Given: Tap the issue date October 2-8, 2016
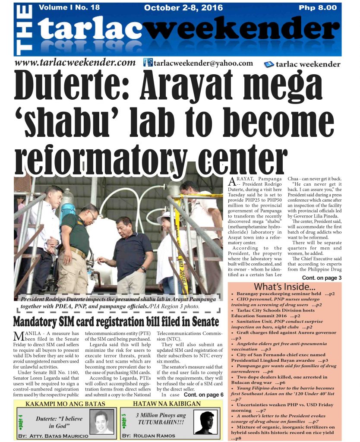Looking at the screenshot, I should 183,8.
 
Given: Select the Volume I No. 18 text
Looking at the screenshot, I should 69,7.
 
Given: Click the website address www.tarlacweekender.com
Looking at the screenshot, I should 76,63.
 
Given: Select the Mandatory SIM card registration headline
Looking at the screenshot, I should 116,322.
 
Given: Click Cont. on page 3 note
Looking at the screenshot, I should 322,278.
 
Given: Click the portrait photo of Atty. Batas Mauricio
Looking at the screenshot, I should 104,422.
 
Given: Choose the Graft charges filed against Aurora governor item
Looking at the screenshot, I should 283,333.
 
